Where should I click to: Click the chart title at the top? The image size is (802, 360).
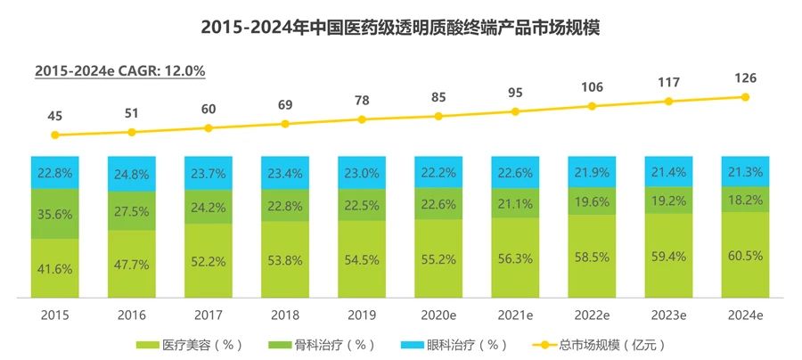point(400,28)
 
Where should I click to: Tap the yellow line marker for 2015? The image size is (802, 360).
point(55,135)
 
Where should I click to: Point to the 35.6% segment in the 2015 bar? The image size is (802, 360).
point(55,214)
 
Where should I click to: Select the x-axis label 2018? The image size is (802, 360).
point(285,314)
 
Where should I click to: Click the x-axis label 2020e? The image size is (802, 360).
point(438,314)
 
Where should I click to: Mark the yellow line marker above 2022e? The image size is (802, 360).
point(592,106)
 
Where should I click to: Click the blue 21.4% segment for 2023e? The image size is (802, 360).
point(668,171)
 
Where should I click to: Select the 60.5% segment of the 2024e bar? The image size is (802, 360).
point(745,266)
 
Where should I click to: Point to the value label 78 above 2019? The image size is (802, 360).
point(362,100)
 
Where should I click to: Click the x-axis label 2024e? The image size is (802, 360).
point(745,314)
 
